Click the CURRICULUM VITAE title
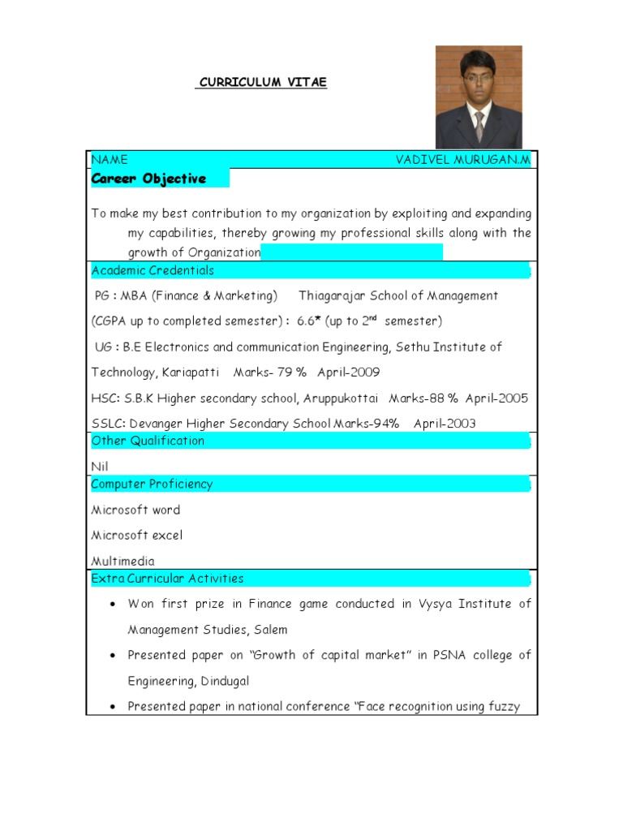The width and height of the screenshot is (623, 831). click(261, 83)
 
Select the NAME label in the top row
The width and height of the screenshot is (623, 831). click(110, 160)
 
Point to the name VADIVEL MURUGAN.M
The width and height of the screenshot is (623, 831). click(462, 160)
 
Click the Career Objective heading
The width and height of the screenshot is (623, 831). click(148, 179)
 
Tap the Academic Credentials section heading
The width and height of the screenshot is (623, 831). click(153, 270)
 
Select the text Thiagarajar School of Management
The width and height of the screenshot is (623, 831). click(398, 295)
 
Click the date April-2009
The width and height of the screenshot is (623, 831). click(349, 372)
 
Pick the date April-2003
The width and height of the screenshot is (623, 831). click(445, 424)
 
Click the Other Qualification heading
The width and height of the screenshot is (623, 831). click(148, 441)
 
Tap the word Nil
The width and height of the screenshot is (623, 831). click(100, 467)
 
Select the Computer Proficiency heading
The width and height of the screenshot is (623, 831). click(152, 484)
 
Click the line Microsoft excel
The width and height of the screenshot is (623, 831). click(137, 536)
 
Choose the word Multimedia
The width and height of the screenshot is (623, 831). click(122, 561)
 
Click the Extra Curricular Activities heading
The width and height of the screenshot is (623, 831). click(167, 579)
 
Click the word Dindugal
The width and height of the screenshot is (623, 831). click(234, 681)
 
